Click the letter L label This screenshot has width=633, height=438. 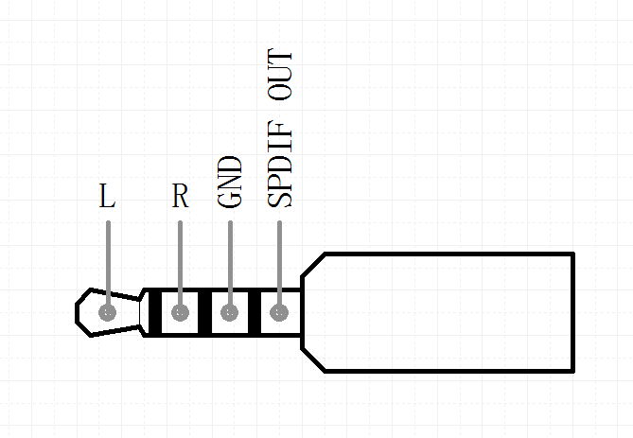point(107,197)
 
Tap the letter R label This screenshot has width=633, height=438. point(180,197)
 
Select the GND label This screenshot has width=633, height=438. point(230,182)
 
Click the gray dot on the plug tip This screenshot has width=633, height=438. point(108,312)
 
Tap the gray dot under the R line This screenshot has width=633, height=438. point(180,312)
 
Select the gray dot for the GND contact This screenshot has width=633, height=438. point(230,312)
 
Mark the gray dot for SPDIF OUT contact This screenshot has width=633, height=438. point(279,312)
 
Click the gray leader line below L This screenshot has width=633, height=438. point(108,260)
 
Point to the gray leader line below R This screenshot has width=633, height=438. point(180,260)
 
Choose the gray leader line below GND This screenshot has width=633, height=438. point(230,260)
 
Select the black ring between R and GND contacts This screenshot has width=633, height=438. point(204,312)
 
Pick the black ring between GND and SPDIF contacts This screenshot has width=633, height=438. point(254,312)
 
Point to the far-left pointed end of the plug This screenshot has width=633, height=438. point(79,312)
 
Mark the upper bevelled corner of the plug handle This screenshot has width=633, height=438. point(313,266)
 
